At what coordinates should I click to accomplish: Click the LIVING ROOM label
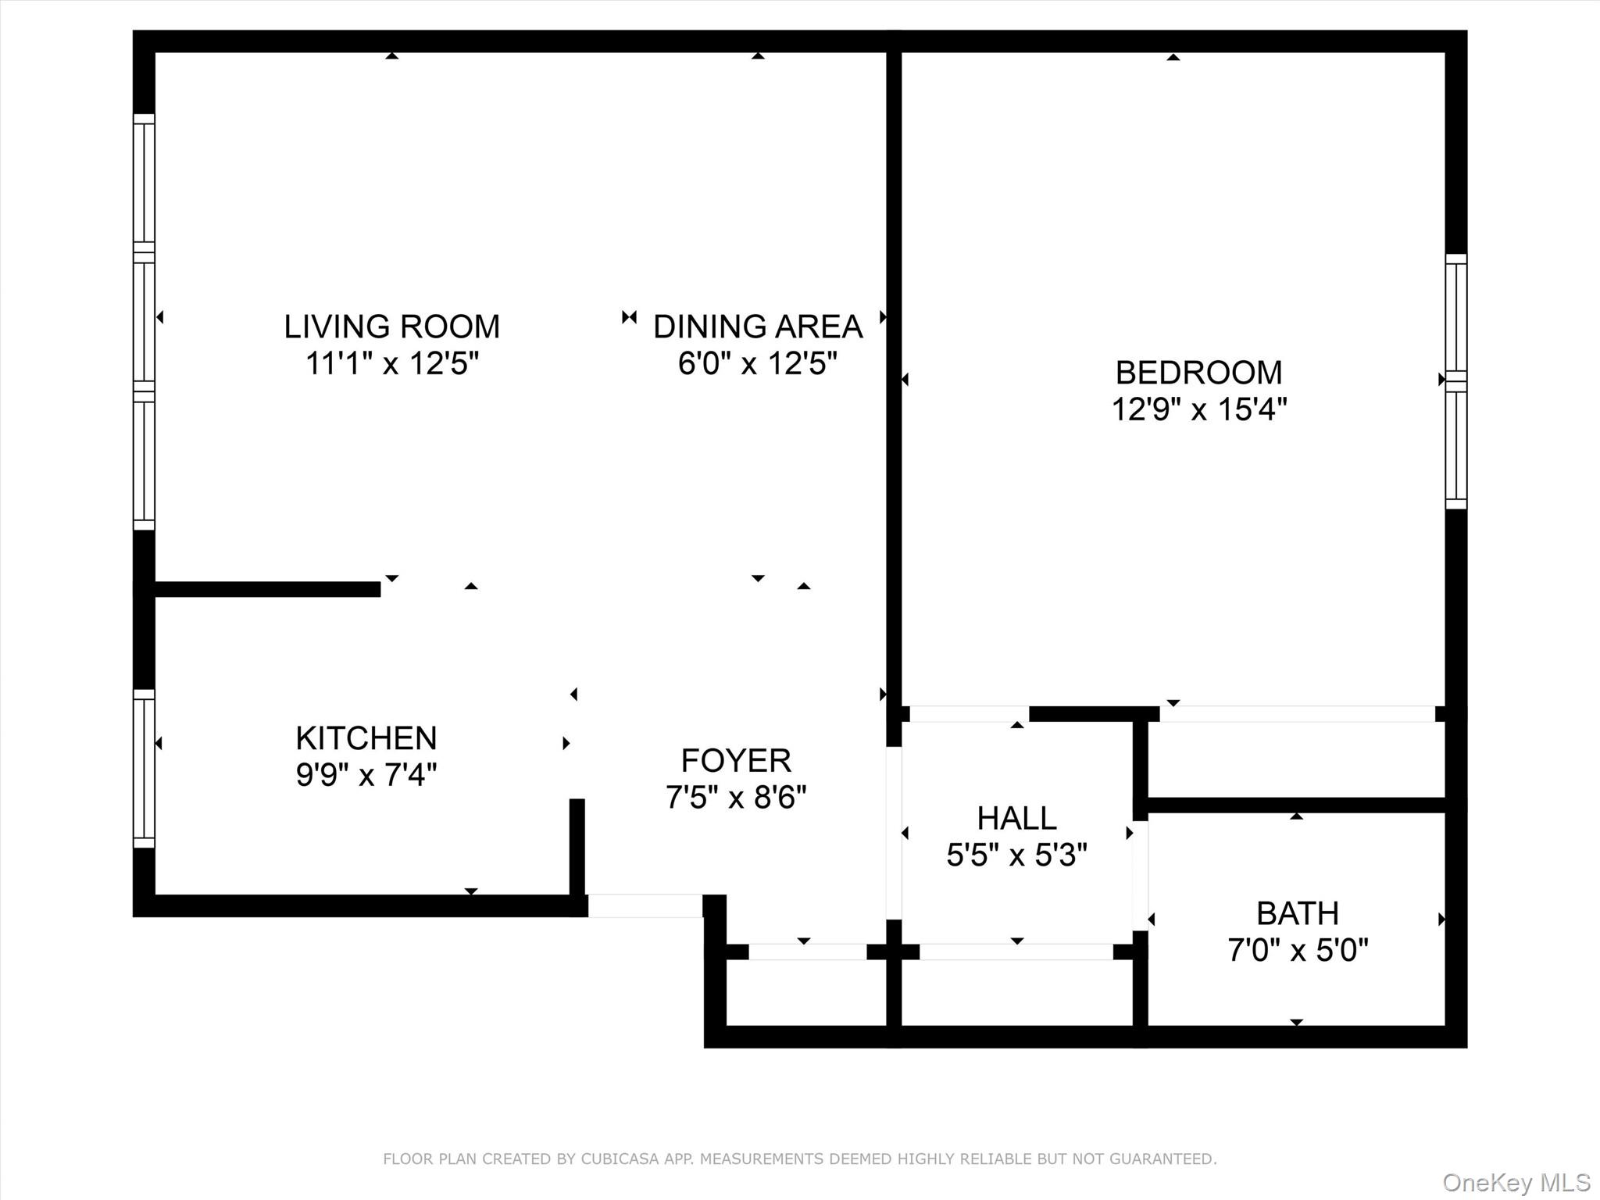coord(391,327)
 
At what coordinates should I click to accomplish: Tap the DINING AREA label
coord(758,327)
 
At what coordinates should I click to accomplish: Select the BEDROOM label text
coord(1198,373)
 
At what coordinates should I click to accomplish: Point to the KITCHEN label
coord(366,738)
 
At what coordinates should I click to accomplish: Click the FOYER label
coord(736,760)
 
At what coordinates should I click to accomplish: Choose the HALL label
coord(1016,818)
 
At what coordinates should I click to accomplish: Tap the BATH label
coord(1298,913)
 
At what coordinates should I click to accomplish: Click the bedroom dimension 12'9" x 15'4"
coord(1199,409)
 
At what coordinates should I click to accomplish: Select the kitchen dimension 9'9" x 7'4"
coord(366,775)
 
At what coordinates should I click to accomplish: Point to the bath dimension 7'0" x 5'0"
coord(1298,951)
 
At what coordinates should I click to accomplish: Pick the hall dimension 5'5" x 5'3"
coord(1016,855)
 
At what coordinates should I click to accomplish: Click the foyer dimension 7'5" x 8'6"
coord(736,798)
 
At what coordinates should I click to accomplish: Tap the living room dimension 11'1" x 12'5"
coord(391,363)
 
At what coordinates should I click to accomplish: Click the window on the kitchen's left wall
coord(145,769)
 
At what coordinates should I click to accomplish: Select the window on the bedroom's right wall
coord(1456,381)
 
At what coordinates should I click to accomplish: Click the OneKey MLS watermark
coord(1516,1182)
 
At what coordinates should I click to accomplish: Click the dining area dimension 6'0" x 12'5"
coord(758,363)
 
